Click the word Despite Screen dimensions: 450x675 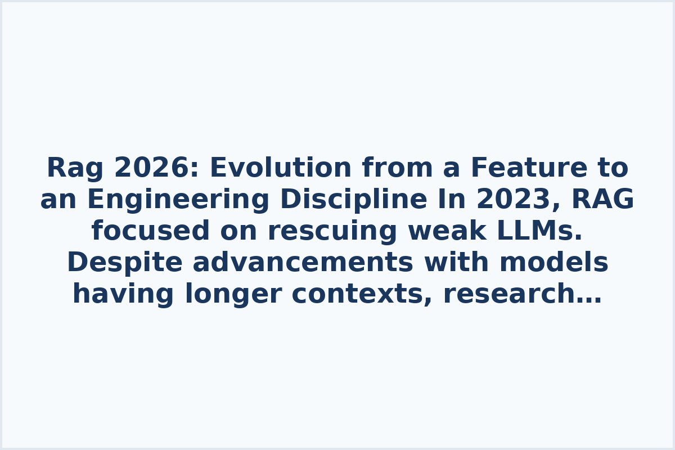(x=125, y=263)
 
